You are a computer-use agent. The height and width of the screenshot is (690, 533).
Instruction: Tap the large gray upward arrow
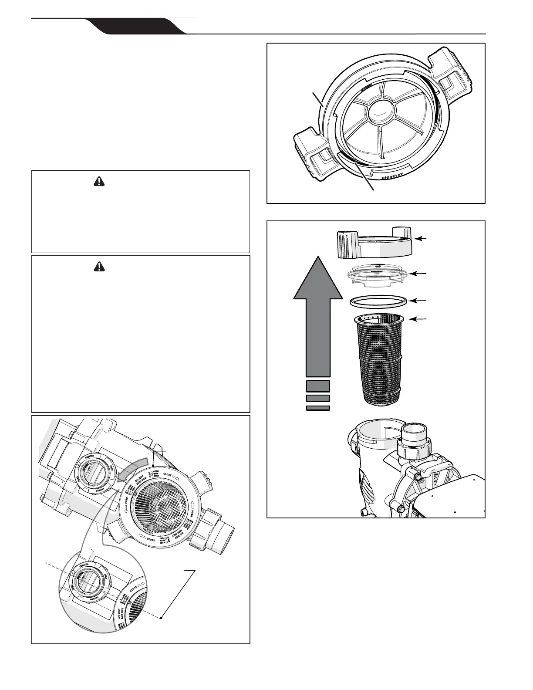[318, 318]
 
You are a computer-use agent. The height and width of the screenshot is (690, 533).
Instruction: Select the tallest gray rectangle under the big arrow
[318, 386]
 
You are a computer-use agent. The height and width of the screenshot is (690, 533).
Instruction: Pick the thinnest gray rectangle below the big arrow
[318, 408]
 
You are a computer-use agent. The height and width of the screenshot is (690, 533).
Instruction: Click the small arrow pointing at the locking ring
[421, 238]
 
